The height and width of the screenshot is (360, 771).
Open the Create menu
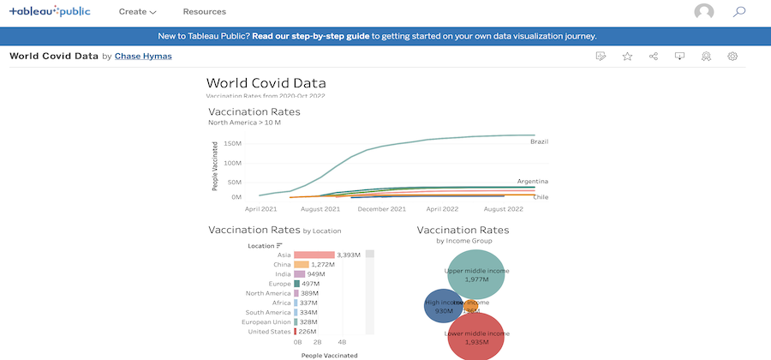point(137,12)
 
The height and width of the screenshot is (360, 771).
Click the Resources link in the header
point(205,12)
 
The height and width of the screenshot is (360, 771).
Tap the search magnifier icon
point(739,12)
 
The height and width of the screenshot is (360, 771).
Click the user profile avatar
point(704,12)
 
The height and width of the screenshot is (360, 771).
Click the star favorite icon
point(627,57)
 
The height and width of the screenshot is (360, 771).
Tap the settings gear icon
point(732,57)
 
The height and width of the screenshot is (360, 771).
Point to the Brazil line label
point(539,141)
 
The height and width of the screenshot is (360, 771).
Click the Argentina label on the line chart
point(532,182)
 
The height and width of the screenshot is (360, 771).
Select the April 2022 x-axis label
point(445,208)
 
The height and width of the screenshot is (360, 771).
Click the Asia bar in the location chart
point(314,255)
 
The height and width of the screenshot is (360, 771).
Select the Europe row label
point(280,284)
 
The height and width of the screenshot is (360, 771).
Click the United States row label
point(271,331)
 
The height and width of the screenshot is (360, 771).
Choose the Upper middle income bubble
point(476,273)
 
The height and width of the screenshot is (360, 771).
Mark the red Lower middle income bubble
point(475,336)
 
